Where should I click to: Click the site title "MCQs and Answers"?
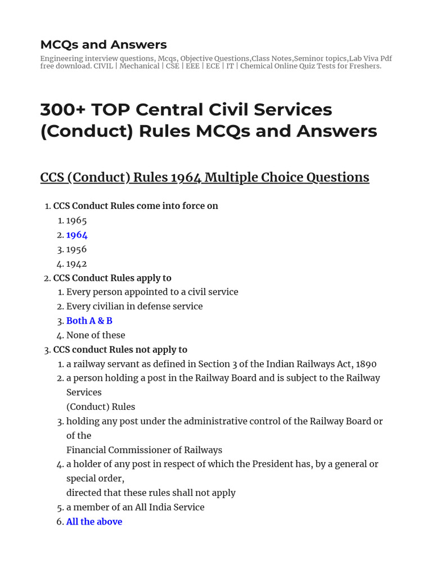pyautogui.click(x=103, y=44)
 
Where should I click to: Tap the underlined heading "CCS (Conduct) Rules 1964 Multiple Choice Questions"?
pyautogui.click(x=205, y=177)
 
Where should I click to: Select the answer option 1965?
pyautogui.click(x=76, y=221)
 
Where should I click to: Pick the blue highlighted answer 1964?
pyautogui.click(x=77, y=235)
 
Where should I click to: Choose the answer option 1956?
pyautogui.click(x=76, y=249)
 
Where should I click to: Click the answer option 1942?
pyautogui.click(x=76, y=264)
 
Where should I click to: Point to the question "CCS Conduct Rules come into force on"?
pyautogui.click(x=136, y=206)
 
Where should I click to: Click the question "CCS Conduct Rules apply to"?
pyautogui.click(x=112, y=278)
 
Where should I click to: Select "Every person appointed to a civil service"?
pyautogui.click(x=152, y=292)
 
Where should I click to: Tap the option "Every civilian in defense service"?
pyautogui.click(x=134, y=307)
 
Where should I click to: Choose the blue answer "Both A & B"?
pyautogui.click(x=89, y=321)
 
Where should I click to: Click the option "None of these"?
pyautogui.click(x=96, y=335)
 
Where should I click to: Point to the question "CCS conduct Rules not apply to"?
pyautogui.click(x=120, y=350)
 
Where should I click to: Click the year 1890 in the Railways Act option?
pyautogui.click(x=366, y=364)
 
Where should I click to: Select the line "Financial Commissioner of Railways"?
pyautogui.click(x=144, y=450)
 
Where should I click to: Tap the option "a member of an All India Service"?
pyautogui.click(x=135, y=507)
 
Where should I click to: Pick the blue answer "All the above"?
pyautogui.click(x=94, y=522)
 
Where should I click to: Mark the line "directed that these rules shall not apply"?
pyautogui.click(x=151, y=493)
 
